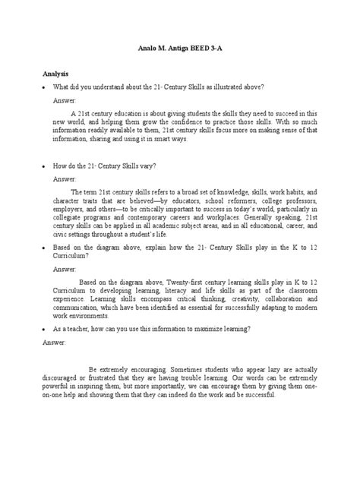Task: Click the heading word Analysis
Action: tap(55, 74)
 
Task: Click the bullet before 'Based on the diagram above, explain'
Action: tap(44, 247)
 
